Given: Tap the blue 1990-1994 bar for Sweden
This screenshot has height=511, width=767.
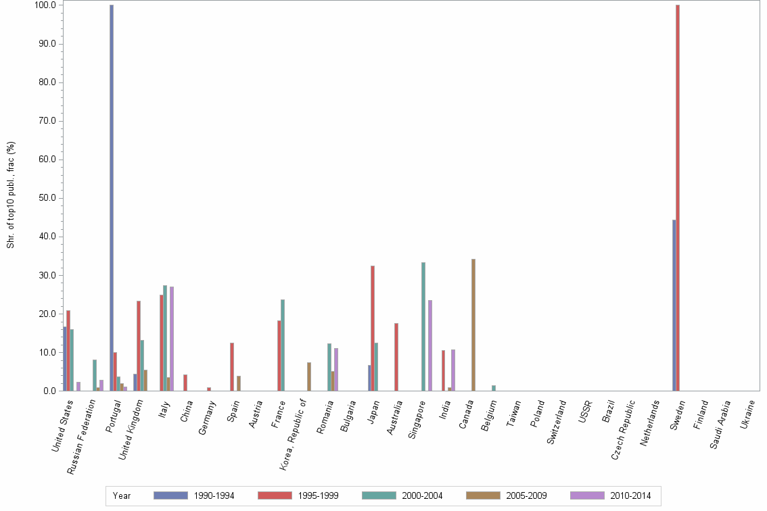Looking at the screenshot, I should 674,305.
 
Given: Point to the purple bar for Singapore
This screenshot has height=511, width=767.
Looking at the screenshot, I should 430,345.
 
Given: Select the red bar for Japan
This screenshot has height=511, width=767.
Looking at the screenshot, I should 373,328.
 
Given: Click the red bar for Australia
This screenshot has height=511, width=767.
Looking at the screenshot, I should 396,357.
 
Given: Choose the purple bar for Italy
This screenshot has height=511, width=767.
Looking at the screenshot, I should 172,339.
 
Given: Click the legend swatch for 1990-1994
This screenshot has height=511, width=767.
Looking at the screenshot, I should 170,495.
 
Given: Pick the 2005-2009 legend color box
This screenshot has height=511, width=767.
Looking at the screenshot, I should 483,495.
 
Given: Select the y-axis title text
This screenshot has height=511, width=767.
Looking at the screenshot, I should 11,195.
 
